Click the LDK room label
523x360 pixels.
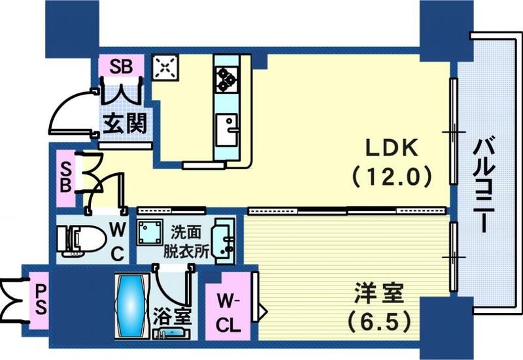coord(392,148)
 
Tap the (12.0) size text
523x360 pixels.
coord(392,177)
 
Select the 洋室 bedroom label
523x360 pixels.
coord(379,293)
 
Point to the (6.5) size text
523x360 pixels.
coord(379,321)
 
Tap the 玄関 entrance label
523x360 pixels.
coord(125,123)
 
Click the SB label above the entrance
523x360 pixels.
coord(122,67)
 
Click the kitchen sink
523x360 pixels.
coord(226,129)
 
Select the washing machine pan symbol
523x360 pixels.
coord(150,232)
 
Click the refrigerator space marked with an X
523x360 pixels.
coord(165,67)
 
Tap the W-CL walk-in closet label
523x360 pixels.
coord(228,314)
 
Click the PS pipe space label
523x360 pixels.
coord(41,301)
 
